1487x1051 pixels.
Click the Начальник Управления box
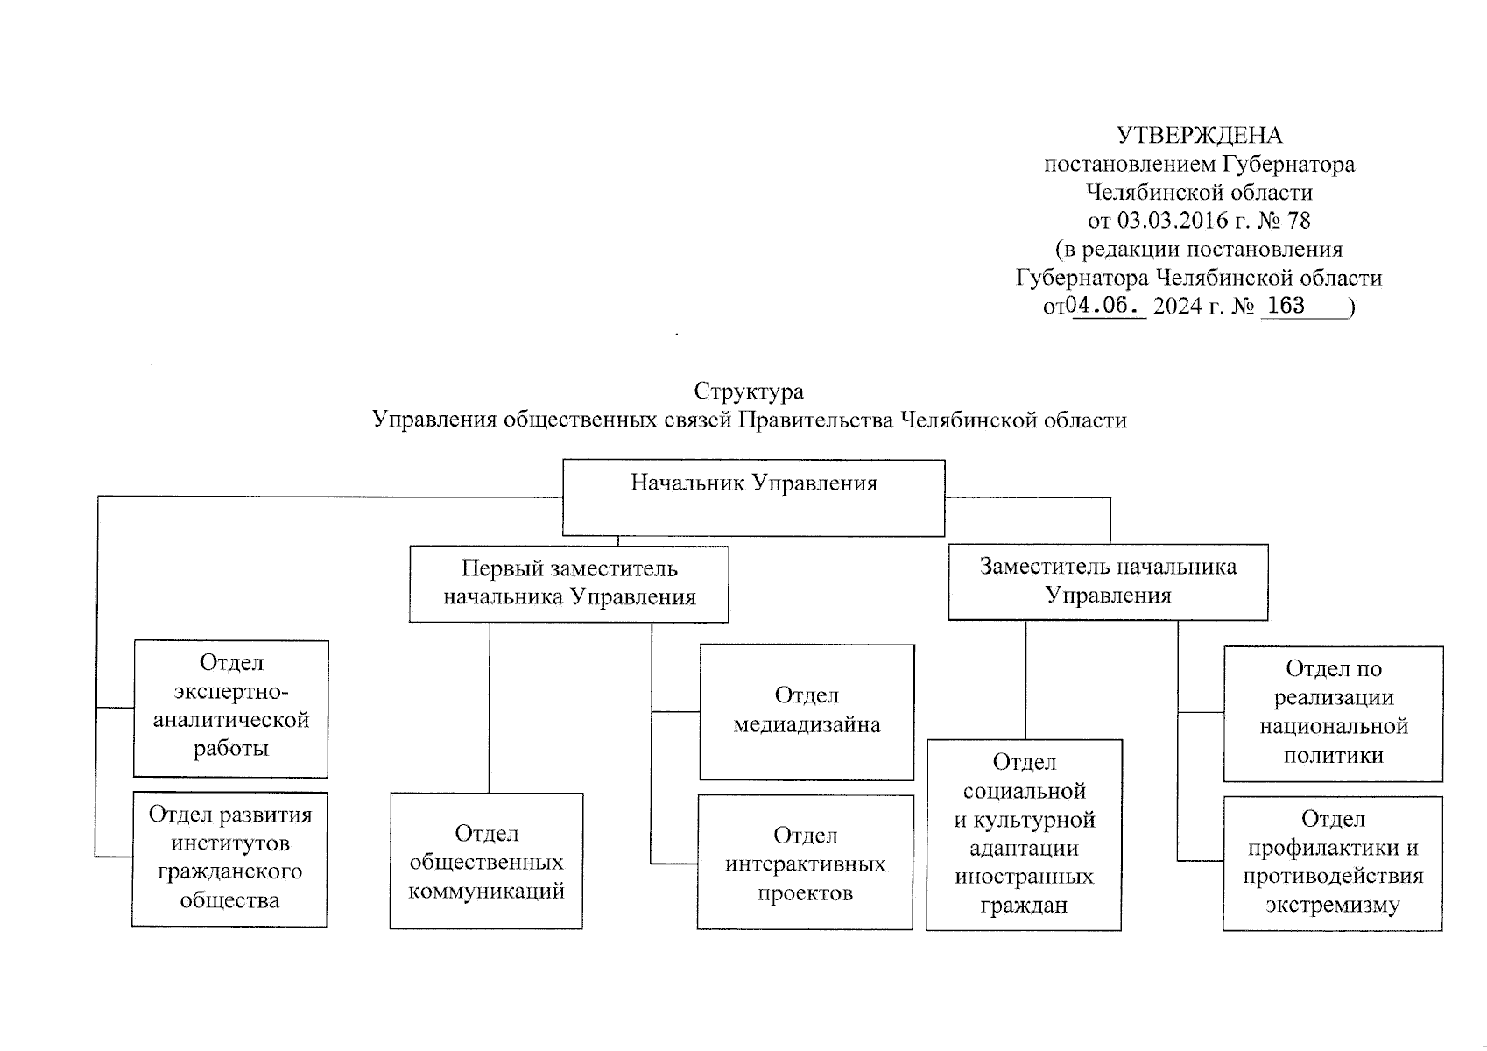(753, 497)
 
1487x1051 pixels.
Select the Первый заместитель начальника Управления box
(568, 584)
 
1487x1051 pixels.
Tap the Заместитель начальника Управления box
(1108, 582)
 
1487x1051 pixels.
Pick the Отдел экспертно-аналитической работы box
(230, 709)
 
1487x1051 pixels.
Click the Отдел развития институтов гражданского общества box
(229, 859)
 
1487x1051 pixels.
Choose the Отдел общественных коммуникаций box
(486, 861)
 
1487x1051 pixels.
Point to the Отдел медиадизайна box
(807, 712)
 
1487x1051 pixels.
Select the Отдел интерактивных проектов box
(805, 862)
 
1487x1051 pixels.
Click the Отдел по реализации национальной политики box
(1333, 714)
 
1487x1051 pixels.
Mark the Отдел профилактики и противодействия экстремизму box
(1332, 864)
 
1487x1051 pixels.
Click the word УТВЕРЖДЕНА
(1199, 136)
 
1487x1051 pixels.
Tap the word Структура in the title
(748, 391)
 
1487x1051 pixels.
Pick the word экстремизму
(1332, 905)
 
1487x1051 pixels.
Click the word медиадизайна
(807, 725)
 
